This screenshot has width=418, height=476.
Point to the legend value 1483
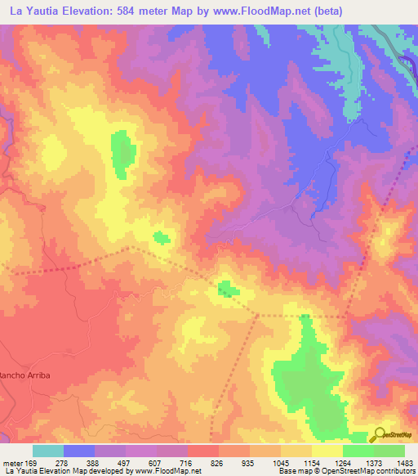[x=394, y=462]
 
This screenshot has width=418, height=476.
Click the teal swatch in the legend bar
[x=48, y=451]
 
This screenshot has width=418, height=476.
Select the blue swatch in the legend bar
[x=79, y=451]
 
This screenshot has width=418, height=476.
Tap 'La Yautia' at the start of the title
[x=33, y=11]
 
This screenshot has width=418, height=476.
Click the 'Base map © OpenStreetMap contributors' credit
[x=345, y=471]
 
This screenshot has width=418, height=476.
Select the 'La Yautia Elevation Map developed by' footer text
[x=71, y=471]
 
